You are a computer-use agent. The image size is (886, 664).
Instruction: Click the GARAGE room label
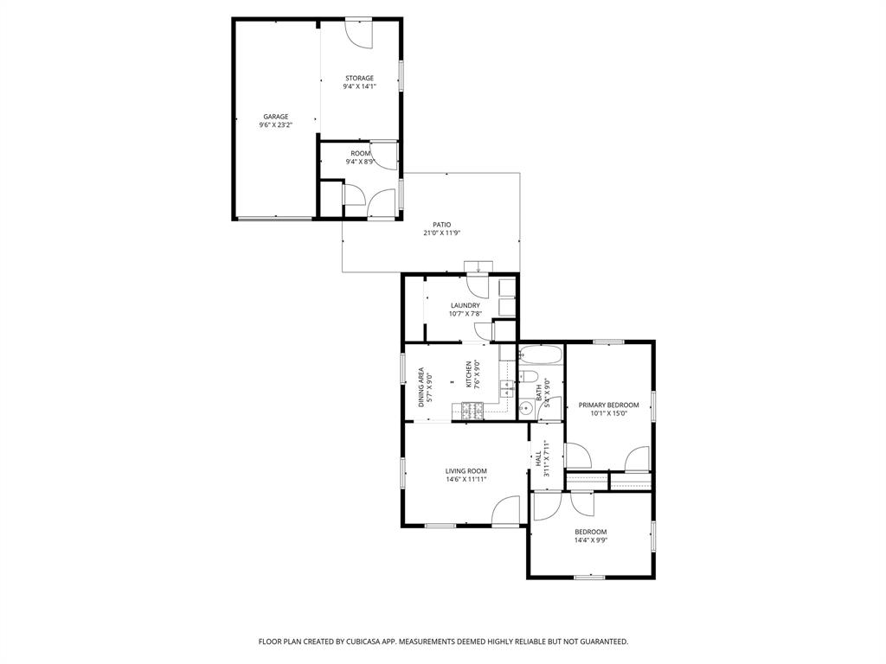pyautogui.click(x=276, y=117)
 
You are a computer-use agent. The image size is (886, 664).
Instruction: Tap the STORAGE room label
pyautogui.click(x=359, y=79)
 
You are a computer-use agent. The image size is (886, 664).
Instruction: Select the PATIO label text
pyautogui.click(x=442, y=225)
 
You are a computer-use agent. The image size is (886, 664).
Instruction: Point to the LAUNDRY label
pyautogui.click(x=465, y=305)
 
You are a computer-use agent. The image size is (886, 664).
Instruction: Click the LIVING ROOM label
pyautogui.click(x=466, y=471)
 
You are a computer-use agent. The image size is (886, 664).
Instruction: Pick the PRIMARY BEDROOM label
pyautogui.click(x=608, y=405)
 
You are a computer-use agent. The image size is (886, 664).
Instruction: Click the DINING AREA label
pyautogui.click(x=421, y=387)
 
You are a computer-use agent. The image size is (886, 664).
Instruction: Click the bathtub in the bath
pyautogui.click(x=541, y=355)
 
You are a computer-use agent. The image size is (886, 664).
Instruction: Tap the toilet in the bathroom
pyautogui.click(x=529, y=376)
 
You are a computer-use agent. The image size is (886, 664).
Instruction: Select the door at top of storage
pyautogui.click(x=359, y=31)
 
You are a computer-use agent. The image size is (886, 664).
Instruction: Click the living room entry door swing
pyautogui.click(x=506, y=512)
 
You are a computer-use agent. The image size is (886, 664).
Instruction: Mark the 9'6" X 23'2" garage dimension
pyautogui.click(x=276, y=125)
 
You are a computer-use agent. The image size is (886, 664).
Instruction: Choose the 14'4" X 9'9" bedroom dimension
pyautogui.click(x=591, y=540)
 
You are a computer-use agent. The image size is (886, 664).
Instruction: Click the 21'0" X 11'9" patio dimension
pyautogui.click(x=442, y=233)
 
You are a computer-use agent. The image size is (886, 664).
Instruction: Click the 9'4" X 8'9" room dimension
pyautogui.click(x=359, y=162)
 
